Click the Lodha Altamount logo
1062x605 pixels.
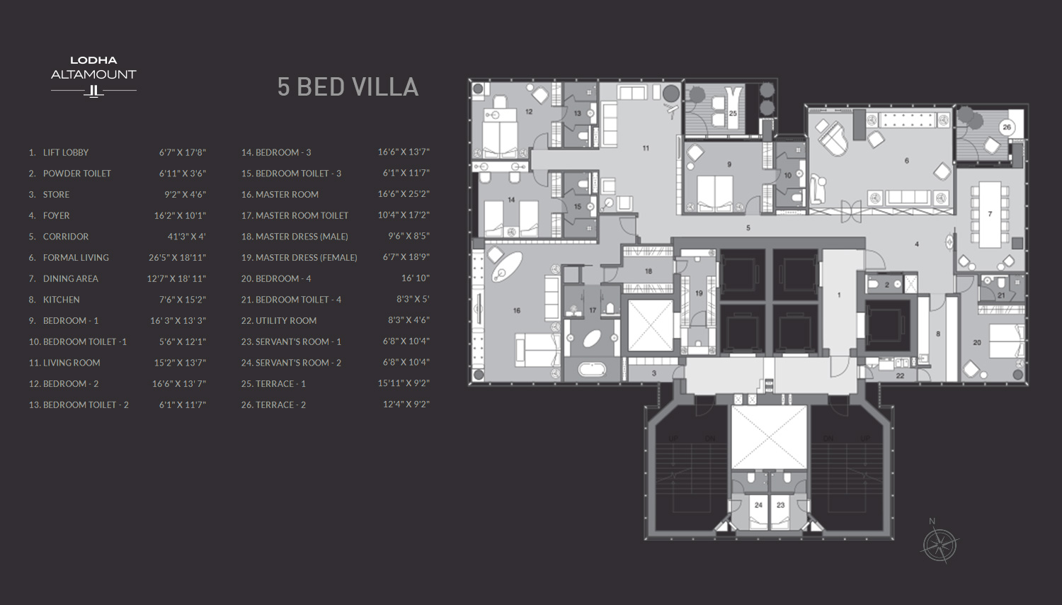click(93, 75)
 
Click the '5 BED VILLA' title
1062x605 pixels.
click(348, 87)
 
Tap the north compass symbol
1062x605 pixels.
click(940, 545)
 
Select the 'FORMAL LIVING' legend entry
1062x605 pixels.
click(75, 258)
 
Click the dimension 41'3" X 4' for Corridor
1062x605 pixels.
click(186, 237)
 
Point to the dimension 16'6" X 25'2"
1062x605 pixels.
click(404, 194)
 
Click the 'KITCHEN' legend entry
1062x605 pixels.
click(61, 300)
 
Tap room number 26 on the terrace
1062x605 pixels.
click(1007, 128)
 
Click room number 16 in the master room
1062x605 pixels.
click(517, 310)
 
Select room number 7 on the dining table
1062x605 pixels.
click(990, 213)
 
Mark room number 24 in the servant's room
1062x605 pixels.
click(758, 505)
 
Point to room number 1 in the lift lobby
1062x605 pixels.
click(839, 295)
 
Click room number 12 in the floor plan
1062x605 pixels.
click(529, 111)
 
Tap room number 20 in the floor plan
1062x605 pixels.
click(977, 342)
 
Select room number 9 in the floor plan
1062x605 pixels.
click(729, 164)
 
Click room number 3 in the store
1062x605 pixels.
click(653, 373)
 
